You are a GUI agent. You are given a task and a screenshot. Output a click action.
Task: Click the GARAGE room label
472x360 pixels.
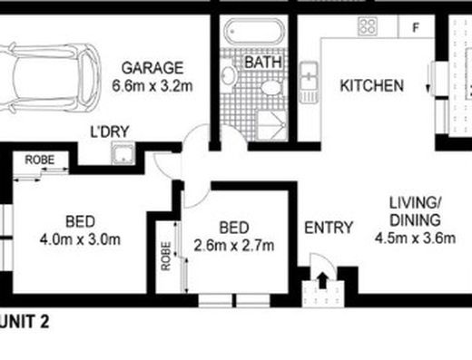[152, 68]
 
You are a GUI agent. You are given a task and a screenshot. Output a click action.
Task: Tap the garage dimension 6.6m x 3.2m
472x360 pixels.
[152, 86]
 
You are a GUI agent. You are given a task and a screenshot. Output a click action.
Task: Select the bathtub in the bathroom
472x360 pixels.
[254, 32]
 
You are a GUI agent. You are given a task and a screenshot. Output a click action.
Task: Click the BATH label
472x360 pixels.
[263, 63]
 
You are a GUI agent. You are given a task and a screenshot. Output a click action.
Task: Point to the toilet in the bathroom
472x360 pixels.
[271, 88]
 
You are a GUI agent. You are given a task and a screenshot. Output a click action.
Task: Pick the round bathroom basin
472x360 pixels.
[229, 74]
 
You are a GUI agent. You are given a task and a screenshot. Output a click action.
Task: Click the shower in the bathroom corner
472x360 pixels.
[271, 126]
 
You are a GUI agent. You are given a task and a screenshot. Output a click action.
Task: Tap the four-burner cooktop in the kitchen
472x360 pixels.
[368, 26]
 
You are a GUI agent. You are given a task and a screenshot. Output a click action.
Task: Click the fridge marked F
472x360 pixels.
[417, 27]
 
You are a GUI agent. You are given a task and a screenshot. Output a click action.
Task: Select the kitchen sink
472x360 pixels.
[309, 83]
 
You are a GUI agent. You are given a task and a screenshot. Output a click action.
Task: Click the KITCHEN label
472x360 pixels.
[372, 85]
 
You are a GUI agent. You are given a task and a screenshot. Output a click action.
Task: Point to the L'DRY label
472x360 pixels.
[110, 131]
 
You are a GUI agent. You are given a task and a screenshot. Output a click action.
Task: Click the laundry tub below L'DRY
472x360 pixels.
[123, 154]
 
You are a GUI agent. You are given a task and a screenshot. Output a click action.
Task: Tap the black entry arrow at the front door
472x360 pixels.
[323, 280]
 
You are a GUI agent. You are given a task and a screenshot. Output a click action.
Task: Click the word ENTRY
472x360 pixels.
[329, 228]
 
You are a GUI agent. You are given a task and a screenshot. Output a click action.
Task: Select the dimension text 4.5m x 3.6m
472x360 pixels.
[415, 238]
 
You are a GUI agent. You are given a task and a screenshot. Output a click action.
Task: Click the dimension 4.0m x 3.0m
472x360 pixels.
[80, 239]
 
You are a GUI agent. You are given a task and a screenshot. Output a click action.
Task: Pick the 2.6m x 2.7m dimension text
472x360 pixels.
[234, 246]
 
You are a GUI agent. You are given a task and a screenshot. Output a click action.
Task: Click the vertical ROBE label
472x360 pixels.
[166, 256]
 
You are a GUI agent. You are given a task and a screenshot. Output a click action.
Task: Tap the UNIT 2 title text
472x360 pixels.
[25, 322]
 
